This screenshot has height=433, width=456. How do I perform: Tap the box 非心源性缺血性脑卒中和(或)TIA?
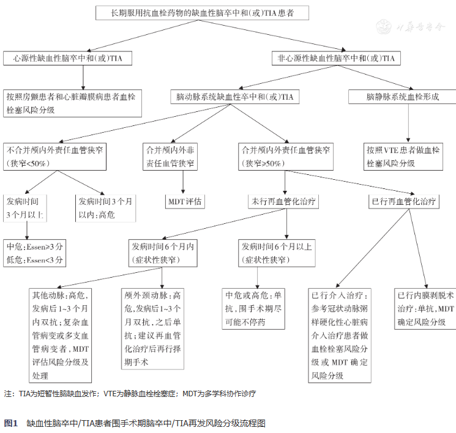(x=335, y=59)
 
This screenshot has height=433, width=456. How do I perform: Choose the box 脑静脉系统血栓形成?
(x=402, y=97)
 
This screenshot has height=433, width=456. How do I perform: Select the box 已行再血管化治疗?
(x=403, y=201)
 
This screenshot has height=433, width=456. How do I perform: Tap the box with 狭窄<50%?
(x=56, y=156)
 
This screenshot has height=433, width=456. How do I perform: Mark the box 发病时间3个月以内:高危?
(x=105, y=208)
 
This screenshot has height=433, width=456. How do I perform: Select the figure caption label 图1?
(x=10, y=423)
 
